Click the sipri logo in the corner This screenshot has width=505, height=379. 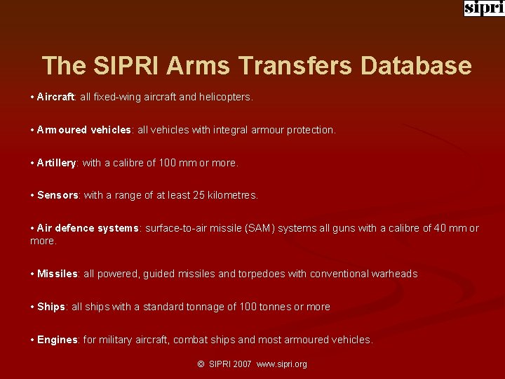coord(484,8)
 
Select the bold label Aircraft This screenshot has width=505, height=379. coord(56,97)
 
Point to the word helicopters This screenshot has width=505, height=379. coord(225,97)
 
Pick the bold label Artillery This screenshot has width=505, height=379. coord(57,163)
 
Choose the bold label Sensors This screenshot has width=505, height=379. coord(58,195)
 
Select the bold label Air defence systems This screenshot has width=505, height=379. coord(88,228)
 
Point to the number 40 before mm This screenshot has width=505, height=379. coord(439,228)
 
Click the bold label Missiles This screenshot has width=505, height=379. coord(58,274)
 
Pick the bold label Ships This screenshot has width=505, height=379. coord(51,307)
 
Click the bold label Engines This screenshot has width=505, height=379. coord(58,340)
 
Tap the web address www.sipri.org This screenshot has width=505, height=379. coord(282,364)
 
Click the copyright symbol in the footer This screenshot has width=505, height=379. coord(201,364)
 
